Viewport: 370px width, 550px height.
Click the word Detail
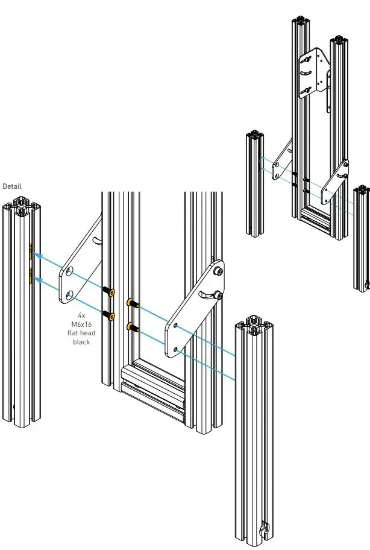click(12, 186)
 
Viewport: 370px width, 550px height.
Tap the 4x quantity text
click(81, 315)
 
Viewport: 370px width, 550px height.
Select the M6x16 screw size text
click(81, 324)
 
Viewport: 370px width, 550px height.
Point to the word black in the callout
click(81, 342)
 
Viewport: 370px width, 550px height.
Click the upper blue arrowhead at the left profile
click(37, 255)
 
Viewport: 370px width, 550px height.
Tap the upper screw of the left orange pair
click(110, 292)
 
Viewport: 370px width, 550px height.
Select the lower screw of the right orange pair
click(131, 327)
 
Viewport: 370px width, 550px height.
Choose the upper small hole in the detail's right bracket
click(175, 326)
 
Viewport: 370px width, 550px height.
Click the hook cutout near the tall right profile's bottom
click(263, 529)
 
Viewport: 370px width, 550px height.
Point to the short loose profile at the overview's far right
click(362, 235)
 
